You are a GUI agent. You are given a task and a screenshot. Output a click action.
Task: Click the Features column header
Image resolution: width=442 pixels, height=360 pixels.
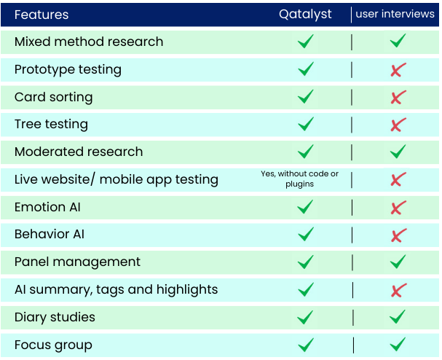point(42,15)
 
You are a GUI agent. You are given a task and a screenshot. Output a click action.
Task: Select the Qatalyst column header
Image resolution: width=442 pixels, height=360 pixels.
point(305,14)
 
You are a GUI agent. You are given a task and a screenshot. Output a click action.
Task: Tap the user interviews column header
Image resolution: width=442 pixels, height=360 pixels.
point(395,14)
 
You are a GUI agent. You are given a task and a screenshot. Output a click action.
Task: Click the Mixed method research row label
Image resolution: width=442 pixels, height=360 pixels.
point(89,42)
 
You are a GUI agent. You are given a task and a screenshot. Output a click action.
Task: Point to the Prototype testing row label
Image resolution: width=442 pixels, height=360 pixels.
point(68,70)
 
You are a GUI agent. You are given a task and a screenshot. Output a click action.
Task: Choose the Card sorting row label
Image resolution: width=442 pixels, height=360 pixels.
point(54,98)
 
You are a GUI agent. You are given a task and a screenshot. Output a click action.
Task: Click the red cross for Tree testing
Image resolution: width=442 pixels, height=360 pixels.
point(398,125)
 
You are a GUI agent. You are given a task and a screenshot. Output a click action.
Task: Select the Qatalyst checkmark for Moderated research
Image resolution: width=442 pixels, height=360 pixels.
point(306,152)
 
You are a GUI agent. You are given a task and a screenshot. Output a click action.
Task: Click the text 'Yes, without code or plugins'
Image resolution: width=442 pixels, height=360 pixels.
point(300,179)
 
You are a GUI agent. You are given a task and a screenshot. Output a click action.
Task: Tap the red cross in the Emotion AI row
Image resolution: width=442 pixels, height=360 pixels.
point(398,208)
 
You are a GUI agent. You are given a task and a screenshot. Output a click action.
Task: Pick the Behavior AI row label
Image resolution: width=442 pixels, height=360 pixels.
point(50,234)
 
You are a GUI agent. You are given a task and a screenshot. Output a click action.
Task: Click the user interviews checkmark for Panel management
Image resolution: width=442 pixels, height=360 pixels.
point(398,262)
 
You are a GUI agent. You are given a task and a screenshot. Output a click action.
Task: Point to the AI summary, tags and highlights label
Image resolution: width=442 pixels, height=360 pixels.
point(116,290)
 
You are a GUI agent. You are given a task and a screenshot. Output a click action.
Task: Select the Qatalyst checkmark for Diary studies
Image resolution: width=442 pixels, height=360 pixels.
point(305,317)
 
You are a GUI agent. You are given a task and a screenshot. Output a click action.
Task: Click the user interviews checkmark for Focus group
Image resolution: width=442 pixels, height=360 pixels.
point(398,344)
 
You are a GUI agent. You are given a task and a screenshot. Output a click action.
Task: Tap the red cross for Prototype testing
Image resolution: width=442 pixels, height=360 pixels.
point(398,70)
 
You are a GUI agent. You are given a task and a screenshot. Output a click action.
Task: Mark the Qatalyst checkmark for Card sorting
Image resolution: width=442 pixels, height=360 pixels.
point(306,96)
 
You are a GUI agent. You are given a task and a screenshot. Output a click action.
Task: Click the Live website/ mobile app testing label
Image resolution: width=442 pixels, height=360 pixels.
point(117,179)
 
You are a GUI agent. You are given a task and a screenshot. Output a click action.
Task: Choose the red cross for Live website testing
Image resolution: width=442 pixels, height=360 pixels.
point(398,179)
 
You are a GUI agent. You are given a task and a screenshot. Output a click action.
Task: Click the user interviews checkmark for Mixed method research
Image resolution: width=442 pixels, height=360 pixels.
point(398,40)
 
